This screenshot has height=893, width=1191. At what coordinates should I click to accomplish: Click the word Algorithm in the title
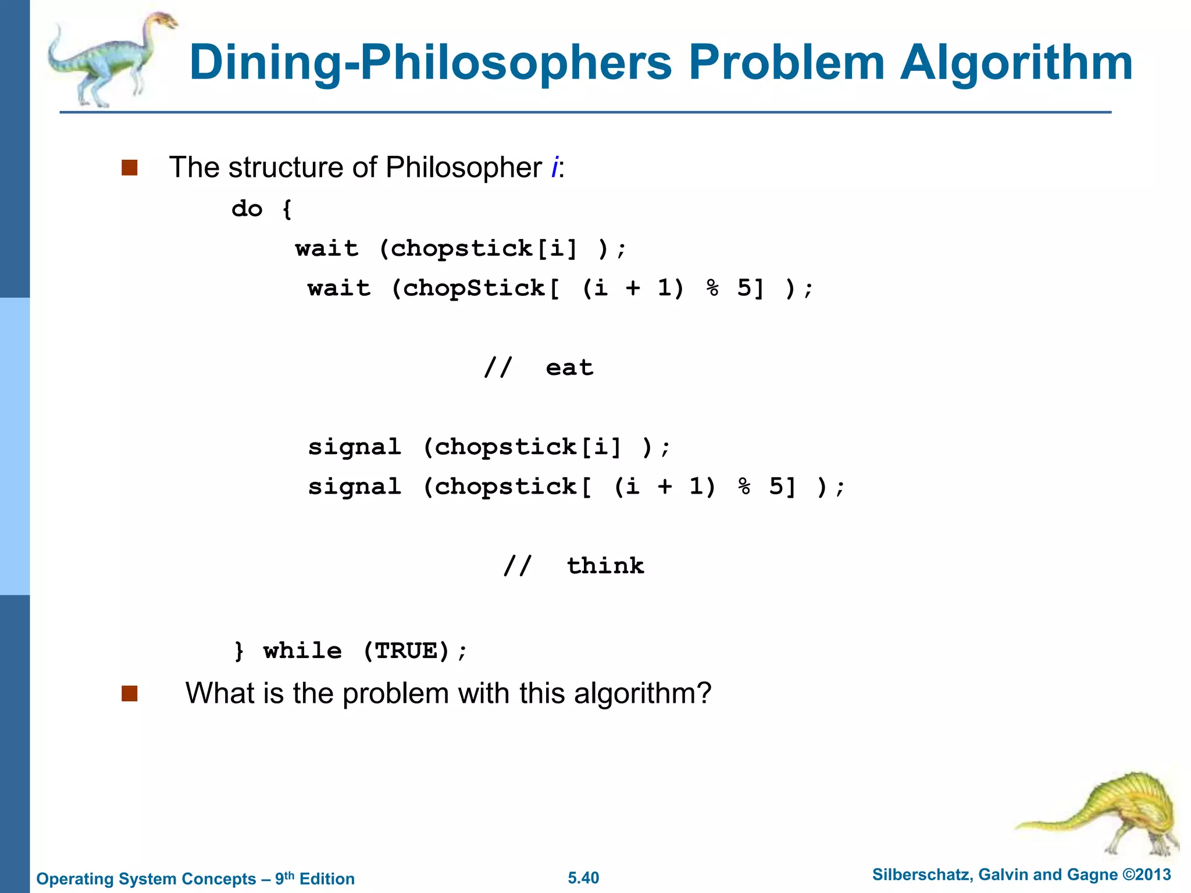(x=1016, y=63)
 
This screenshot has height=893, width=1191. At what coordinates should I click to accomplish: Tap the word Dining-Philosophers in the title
(x=430, y=63)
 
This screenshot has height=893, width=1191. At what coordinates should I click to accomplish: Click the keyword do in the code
(x=247, y=209)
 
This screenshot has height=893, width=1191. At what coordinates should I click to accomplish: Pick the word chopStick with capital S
(x=473, y=288)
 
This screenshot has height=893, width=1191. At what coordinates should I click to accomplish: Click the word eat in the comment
(x=569, y=368)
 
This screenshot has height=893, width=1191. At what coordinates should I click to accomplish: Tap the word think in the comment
(x=605, y=566)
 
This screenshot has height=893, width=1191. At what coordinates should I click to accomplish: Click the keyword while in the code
(x=302, y=651)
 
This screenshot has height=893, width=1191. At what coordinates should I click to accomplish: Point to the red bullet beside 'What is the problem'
(x=129, y=694)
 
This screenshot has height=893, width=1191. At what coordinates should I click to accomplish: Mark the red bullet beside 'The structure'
(x=129, y=168)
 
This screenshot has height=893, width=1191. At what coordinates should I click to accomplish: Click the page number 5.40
(x=583, y=878)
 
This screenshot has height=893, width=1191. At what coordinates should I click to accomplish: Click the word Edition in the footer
(x=327, y=879)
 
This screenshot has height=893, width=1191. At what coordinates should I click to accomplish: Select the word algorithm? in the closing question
(x=643, y=694)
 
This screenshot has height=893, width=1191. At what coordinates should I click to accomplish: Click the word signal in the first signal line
(x=354, y=447)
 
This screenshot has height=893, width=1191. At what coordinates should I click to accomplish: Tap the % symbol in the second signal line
(x=744, y=487)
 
